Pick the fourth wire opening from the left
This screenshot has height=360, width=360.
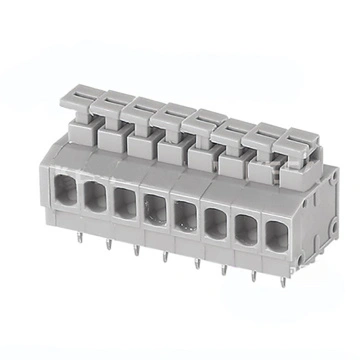155,203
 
